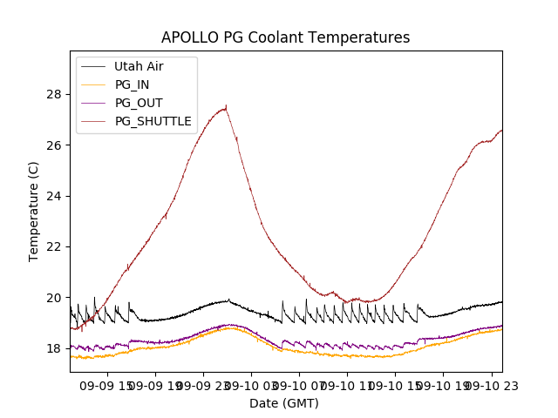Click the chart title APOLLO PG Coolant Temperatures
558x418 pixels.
(285, 37)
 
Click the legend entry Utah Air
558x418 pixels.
(139, 66)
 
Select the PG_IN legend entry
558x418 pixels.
(132, 84)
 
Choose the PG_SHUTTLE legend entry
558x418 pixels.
(153, 121)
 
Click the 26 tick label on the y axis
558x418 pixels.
(57, 145)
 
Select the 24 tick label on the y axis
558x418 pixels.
(57, 196)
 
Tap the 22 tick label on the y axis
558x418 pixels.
(57, 246)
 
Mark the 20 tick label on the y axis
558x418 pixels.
(57, 297)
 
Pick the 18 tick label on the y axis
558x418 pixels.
(57, 348)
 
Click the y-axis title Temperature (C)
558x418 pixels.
(34, 211)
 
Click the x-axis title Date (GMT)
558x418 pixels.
(284, 403)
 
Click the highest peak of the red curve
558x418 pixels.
(226, 107)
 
